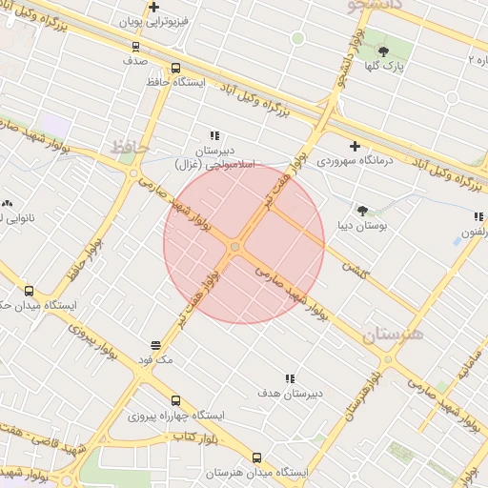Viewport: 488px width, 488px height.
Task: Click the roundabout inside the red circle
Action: [234, 248]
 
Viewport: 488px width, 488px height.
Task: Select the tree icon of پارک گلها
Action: [383, 51]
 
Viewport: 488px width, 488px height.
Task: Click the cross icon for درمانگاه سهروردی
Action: [355, 146]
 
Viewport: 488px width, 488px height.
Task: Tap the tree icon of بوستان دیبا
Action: [362, 210]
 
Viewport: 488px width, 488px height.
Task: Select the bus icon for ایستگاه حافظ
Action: [175, 68]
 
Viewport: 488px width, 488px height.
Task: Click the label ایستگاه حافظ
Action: [177, 83]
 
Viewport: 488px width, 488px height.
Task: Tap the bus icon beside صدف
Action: [134, 45]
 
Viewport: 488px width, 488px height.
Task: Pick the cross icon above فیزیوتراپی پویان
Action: [153, 7]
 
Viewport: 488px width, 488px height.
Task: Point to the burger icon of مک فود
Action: [156, 345]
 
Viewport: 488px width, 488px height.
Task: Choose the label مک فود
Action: [156, 360]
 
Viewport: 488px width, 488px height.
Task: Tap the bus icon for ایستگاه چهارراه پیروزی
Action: [175, 400]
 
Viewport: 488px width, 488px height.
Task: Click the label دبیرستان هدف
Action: [290, 393]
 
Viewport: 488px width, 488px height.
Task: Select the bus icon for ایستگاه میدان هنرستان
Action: [256, 457]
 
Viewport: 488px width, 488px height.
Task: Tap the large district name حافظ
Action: [131, 148]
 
